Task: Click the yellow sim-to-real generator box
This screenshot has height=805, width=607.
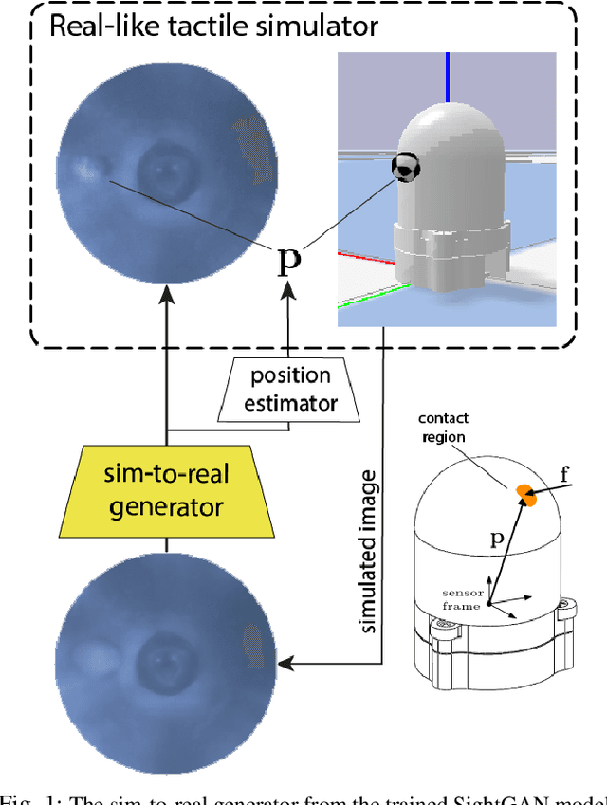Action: tap(167, 491)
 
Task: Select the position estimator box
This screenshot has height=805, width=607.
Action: tap(290, 390)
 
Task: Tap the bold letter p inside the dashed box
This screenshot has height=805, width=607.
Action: tap(288, 258)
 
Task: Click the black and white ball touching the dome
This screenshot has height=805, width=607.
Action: tap(405, 168)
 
